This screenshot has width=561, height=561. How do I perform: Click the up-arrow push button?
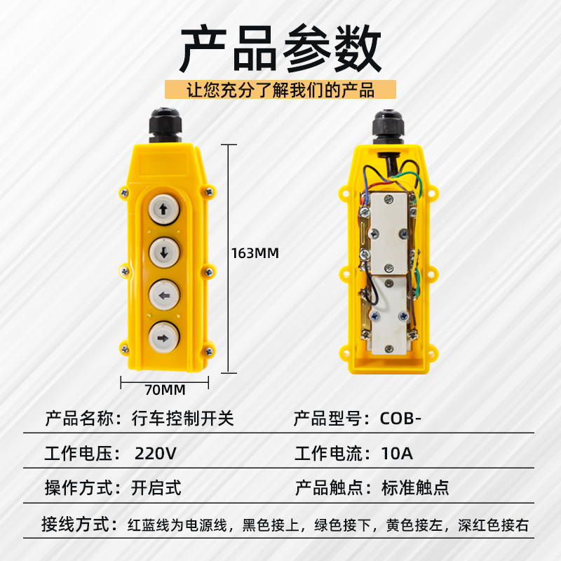[x=164, y=209]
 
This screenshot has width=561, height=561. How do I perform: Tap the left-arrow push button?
[x=164, y=295]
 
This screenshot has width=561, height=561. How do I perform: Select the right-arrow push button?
[x=164, y=338]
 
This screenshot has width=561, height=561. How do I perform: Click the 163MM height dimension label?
[x=255, y=253]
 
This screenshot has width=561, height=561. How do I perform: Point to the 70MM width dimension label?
[x=165, y=390]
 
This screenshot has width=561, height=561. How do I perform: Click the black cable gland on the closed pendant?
[x=165, y=126]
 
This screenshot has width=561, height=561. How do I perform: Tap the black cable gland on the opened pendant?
[x=388, y=127]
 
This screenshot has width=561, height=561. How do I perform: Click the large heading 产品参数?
[x=280, y=48]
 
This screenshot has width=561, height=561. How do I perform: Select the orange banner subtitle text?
[x=280, y=90]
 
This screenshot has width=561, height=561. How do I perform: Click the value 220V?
[x=156, y=454]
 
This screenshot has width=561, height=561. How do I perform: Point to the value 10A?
[x=397, y=454]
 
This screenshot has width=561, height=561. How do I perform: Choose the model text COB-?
[x=400, y=419]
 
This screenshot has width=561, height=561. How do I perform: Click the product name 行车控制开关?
[x=183, y=419]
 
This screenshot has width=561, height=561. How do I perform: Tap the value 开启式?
[x=156, y=488]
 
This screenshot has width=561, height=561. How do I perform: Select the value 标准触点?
[x=415, y=488]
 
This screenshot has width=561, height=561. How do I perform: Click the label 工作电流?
[x=328, y=454]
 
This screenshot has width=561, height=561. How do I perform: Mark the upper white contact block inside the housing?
[x=388, y=234]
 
